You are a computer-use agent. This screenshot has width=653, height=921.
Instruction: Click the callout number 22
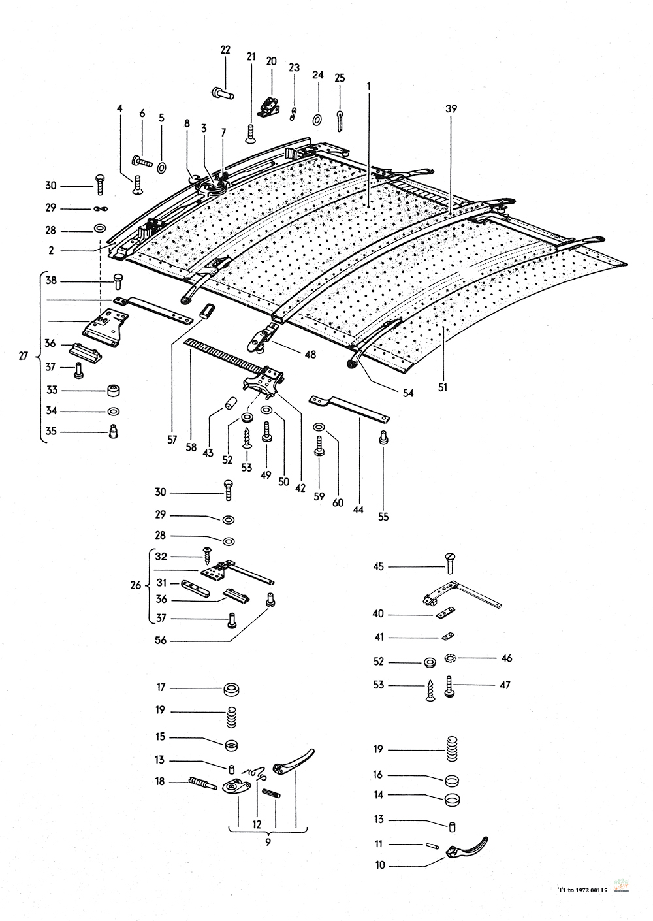point(225,50)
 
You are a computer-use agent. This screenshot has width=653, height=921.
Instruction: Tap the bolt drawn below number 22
point(223,93)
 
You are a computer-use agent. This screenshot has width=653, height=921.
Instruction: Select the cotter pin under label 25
point(340,119)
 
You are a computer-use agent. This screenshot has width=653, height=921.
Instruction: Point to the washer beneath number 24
point(317,119)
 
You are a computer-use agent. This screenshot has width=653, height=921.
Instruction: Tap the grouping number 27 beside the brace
point(24,357)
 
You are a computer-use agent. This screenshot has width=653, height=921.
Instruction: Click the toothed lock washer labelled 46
point(451,658)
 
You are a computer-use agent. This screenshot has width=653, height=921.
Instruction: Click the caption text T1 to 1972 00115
point(582,890)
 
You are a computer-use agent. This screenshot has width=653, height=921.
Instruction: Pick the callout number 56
point(160,641)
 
